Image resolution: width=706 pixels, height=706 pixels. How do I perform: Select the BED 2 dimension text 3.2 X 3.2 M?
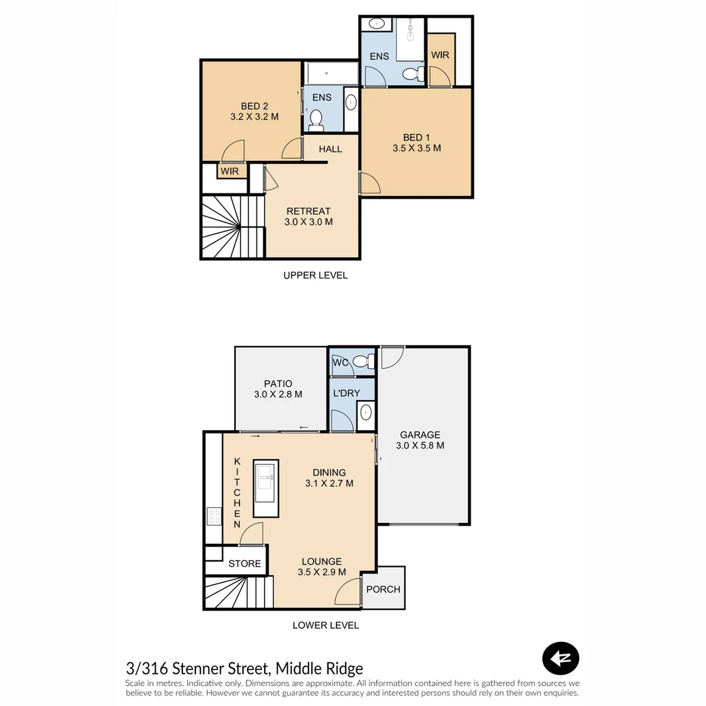254,117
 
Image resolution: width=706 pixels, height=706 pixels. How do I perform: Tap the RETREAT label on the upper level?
309,211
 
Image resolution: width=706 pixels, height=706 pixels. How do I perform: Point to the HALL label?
330,149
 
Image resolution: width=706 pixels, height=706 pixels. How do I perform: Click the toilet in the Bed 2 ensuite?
316,120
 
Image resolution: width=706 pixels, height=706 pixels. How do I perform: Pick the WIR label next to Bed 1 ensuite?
440,55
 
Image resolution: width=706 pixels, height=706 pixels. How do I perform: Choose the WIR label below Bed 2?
229,171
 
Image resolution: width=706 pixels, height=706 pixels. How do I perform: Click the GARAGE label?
420,435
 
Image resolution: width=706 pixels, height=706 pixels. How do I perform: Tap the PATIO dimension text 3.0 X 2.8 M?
278,394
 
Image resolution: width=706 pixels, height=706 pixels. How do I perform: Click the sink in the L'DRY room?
366,412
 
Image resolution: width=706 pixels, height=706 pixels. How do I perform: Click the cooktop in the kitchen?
214,516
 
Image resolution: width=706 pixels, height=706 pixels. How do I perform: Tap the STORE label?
244,563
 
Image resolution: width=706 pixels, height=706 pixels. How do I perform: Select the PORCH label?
383,589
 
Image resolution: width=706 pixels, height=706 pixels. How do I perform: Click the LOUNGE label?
322,562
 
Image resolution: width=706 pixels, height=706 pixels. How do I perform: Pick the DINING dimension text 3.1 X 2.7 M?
329,484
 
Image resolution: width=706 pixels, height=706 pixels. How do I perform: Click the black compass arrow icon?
561,659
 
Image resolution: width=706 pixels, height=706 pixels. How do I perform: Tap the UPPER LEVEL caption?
315,275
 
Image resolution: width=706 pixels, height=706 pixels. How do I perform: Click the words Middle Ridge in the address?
319,669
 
